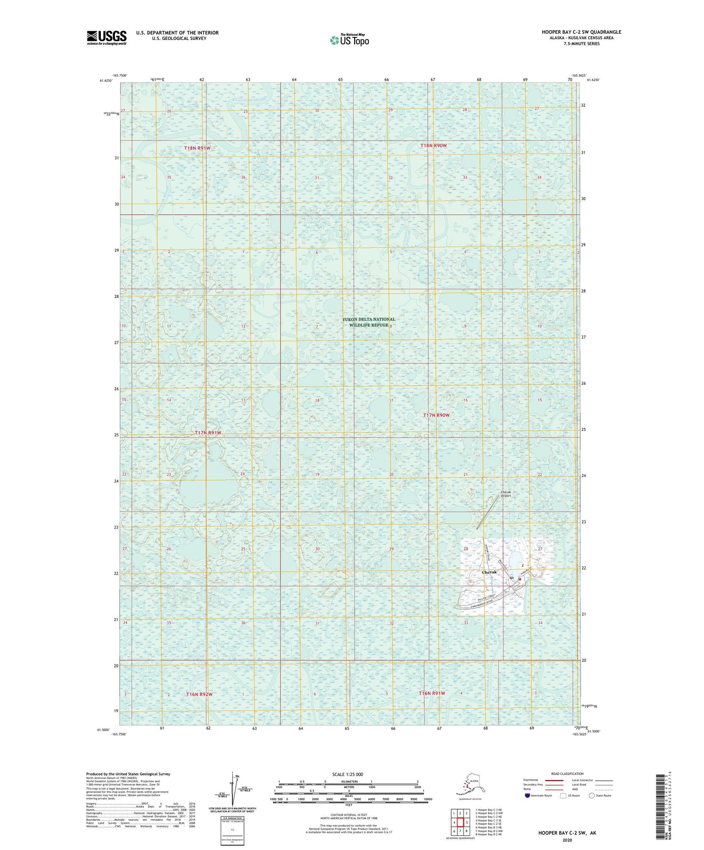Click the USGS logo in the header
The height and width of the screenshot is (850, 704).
coord(107,37)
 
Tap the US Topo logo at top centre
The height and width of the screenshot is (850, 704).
coord(349,39)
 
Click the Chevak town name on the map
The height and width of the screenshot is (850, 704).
coord(489,572)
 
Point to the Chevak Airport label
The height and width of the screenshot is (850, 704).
coord(506,494)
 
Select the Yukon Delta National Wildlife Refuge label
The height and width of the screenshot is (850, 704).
coord(368,322)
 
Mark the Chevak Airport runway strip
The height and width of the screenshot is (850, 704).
coord(488,513)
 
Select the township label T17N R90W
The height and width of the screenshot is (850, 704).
coord(436,415)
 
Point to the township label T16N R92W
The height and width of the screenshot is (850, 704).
coord(199,694)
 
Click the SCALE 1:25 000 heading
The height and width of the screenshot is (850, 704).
coord(348,774)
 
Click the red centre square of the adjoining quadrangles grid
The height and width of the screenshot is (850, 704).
coord(460,822)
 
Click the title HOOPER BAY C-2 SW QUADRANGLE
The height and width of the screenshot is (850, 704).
coord(581,32)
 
